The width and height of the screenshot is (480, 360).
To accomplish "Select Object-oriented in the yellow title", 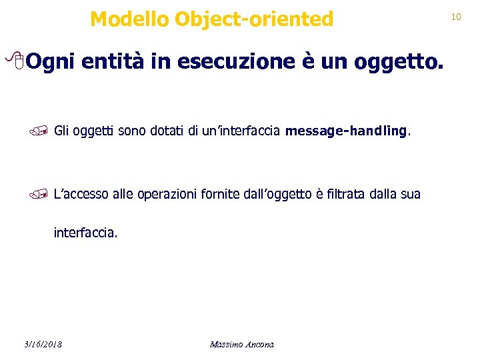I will click(254, 20).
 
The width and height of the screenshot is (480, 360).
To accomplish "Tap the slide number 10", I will click(456, 16).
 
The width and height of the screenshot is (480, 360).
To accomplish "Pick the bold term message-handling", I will click(345, 131).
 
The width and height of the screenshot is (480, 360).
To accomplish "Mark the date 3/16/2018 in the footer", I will click(41, 344).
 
